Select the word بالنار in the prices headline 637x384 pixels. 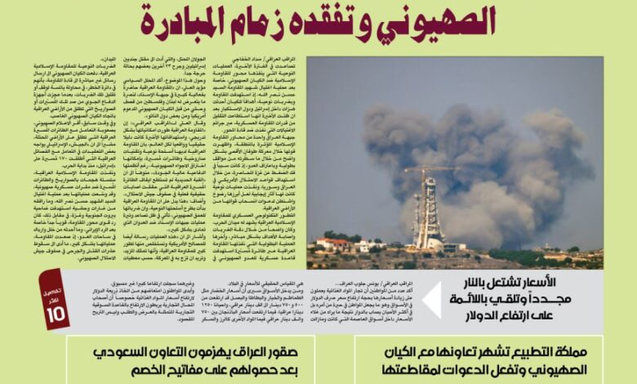point(482,282)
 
